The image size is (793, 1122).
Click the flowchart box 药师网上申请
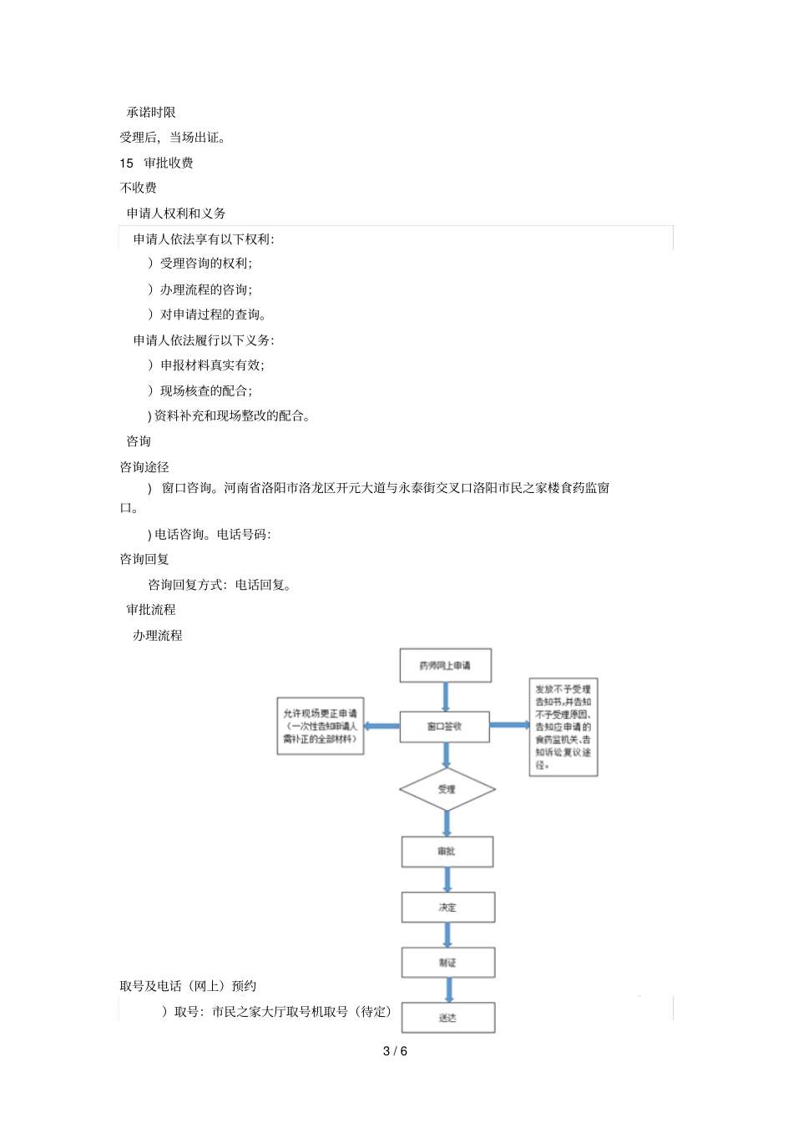click(x=445, y=666)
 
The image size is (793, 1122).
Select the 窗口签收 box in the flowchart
click(x=445, y=726)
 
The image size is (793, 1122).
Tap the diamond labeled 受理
click(x=447, y=789)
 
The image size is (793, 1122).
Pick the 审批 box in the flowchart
click(x=447, y=852)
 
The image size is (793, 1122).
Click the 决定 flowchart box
click(x=448, y=907)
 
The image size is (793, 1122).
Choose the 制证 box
click(x=448, y=962)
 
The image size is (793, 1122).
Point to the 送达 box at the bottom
click(x=448, y=1018)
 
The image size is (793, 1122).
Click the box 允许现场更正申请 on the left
click(x=321, y=727)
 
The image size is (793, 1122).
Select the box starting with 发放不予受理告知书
click(x=563, y=727)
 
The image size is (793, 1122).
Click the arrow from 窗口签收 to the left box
click(x=381, y=726)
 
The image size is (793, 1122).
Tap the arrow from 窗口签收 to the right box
click(x=509, y=725)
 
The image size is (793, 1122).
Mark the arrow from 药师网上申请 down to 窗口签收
click(x=446, y=697)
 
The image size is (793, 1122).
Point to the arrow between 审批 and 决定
click(x=447, y=879)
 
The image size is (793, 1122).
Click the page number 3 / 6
click(x=396, y=1051)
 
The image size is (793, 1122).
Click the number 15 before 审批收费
click(x=126, y=163)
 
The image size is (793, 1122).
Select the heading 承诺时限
click(x=151, y=113)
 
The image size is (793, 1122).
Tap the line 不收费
click(x=139, y=188)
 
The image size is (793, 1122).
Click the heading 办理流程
click(x=158, y=636)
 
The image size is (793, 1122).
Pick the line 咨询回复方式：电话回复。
click(x=220, y=585)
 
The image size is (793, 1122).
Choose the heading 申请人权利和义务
click(x=176, y=214)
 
